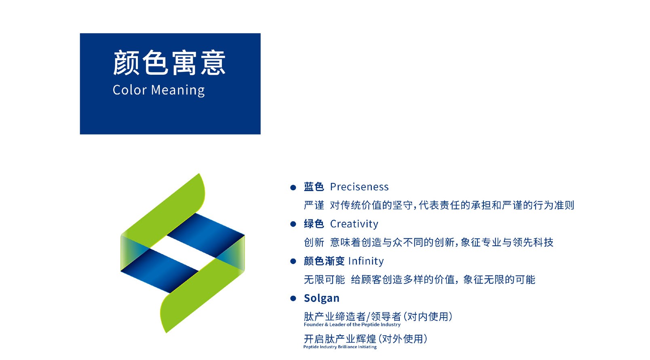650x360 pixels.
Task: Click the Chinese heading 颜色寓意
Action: coord(169,63)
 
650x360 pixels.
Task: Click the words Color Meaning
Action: coord(159,90)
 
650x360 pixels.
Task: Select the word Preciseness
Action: coord(359,187)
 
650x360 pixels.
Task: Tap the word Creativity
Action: coord(354,224)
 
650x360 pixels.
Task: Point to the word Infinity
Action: coord(365,261)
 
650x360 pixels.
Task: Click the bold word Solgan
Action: coord(321,298)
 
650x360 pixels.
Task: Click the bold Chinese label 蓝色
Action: coord(314,187)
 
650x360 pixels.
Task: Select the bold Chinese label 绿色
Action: coord(314,224)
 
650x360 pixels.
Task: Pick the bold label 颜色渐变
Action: coord(324,261)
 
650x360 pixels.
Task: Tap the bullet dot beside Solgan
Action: coord(293,299)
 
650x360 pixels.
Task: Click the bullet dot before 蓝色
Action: coord(293,188)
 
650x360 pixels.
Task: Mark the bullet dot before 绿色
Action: coord(293,224)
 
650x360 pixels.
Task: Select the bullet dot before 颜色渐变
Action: coord(293,261)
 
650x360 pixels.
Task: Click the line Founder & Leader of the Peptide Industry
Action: coord(352,324)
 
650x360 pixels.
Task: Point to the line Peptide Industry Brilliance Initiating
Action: coord(340,347)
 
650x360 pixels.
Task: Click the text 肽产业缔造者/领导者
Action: coord(352,317)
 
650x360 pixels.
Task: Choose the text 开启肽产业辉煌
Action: coord(340,339)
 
